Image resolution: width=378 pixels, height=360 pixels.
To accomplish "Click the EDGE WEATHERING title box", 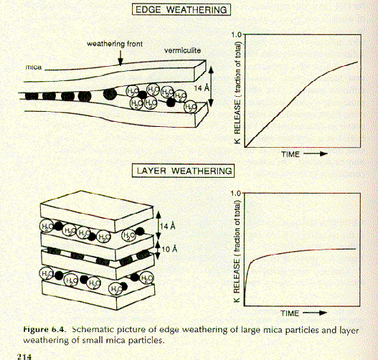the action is pos(181,9).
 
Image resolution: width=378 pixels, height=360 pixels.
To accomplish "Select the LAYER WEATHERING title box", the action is pos(183,171).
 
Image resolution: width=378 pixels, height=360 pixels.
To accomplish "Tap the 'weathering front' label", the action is pos(115,44).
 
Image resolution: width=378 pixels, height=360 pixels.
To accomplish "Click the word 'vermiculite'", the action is pos(182,51).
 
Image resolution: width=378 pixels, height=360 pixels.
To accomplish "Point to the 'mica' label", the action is pos(34,67).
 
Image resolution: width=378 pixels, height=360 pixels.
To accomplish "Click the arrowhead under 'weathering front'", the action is pos(121,62).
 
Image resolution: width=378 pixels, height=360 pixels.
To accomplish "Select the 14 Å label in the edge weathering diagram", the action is pos(202,88).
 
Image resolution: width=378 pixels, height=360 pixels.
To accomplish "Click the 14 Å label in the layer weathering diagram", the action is pos(168,227).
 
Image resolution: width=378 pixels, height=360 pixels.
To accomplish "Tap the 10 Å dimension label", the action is pos(169,249).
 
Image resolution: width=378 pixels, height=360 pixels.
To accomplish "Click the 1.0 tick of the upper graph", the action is pos(236,34).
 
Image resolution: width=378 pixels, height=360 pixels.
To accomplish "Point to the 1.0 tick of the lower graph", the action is pos(236,193).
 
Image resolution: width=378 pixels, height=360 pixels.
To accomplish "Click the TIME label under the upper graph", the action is pos(290,154).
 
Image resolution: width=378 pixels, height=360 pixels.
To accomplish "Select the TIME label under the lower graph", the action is pos(290,313).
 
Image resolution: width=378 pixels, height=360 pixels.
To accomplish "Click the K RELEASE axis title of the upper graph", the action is pos(237,93).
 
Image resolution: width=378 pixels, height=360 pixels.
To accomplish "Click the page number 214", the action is pos(24,356).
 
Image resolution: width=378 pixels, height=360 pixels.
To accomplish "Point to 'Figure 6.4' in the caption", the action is pos(44,329).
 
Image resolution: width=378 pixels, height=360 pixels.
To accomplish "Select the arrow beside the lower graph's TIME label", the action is pos(315,313).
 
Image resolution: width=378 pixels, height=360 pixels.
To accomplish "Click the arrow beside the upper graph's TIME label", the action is pos(316,153).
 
